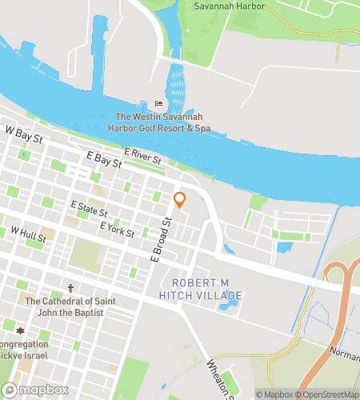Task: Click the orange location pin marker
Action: (x=179, y=199)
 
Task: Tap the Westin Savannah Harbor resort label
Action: (x=162, y=122)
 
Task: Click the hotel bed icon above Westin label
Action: (x=158, y=103)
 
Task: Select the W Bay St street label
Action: (x=23, y=133)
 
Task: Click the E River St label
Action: (x=143, y=151)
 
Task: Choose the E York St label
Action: (x=117, y=228)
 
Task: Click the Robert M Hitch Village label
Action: (x=207, y=290)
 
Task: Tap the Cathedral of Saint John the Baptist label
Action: (x=64, y=306)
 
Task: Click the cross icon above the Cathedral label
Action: (x=70, y=288)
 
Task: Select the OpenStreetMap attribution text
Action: (x=327, y=394)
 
